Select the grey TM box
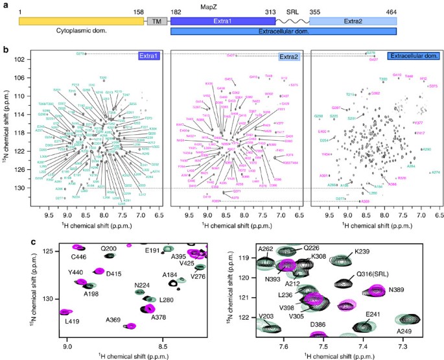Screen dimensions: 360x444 pos(156,21)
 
